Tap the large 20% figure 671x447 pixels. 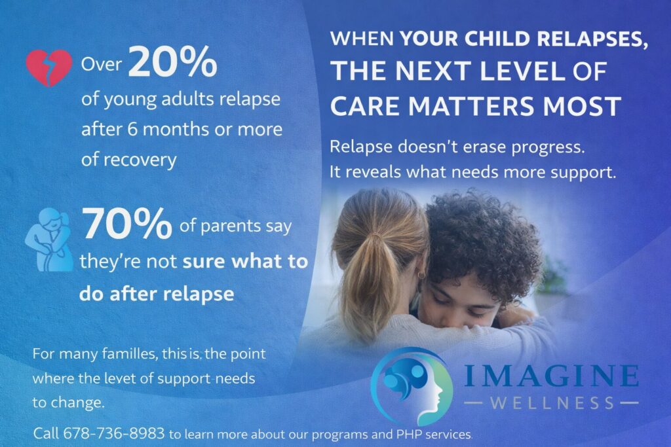pos(173,63)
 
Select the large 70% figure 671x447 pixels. pos(126,227)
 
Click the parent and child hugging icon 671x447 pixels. pos(48,239)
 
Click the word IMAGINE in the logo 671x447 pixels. pos(552,376)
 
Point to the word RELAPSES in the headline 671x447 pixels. pos(594,39)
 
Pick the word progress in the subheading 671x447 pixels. pos(546,147)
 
